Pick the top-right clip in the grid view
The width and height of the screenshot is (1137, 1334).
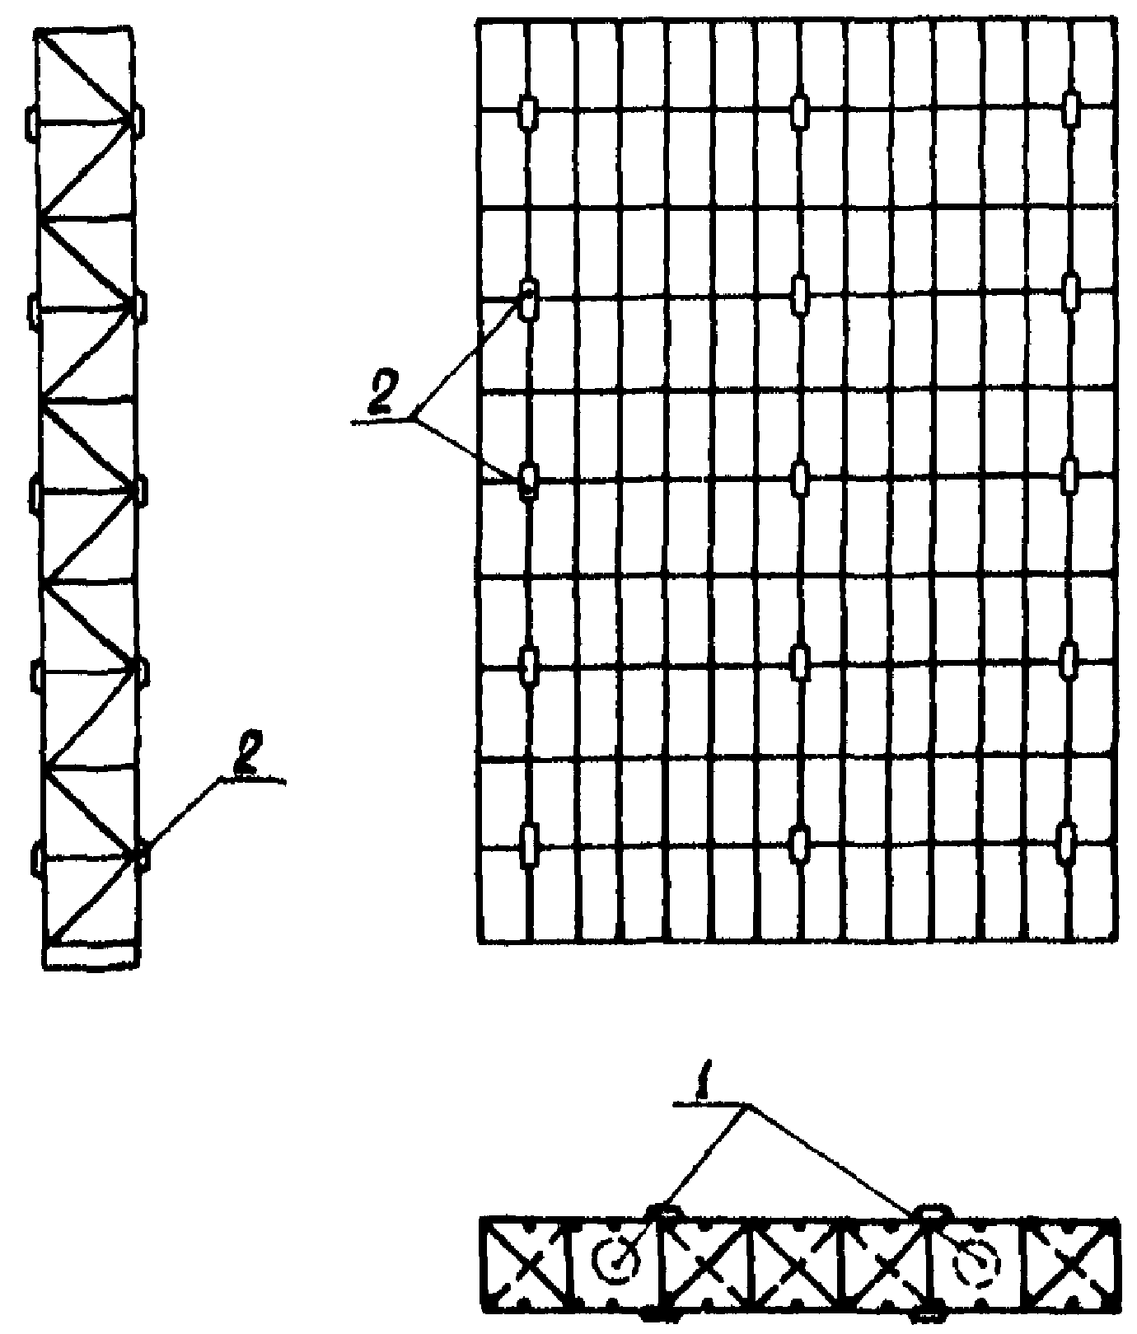(x=1070, y=110)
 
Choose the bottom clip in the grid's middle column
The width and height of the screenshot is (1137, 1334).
(x=798, y=844)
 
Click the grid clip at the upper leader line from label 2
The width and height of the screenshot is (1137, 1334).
(x=528, y=297)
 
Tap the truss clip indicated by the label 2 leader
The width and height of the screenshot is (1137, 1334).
(x=143, y=855)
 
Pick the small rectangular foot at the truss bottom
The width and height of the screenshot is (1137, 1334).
(x=91, y=957)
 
